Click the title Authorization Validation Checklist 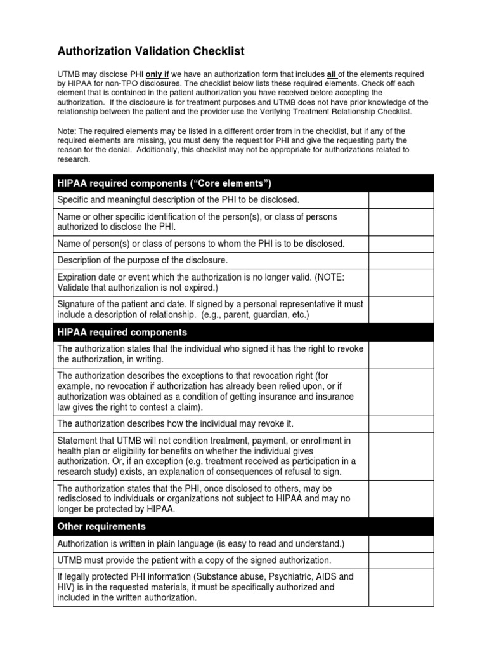point(151,51)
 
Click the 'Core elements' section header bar point(243,183)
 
